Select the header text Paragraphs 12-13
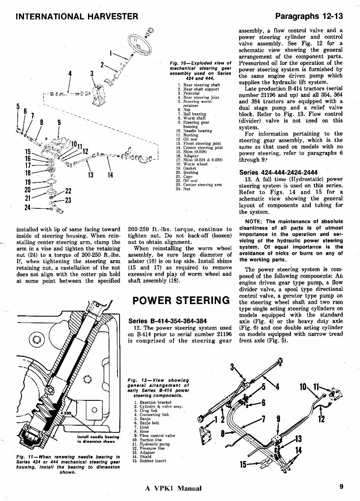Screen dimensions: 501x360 (x=309, y=16)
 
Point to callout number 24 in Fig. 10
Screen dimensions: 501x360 (x=28, y=208)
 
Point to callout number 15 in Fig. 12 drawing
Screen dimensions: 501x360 (x=243, y=465)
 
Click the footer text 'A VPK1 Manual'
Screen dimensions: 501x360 (x=173, y=488)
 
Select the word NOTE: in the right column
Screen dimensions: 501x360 (x=254, y=221)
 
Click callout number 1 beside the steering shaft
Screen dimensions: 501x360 (x=111, y=53)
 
